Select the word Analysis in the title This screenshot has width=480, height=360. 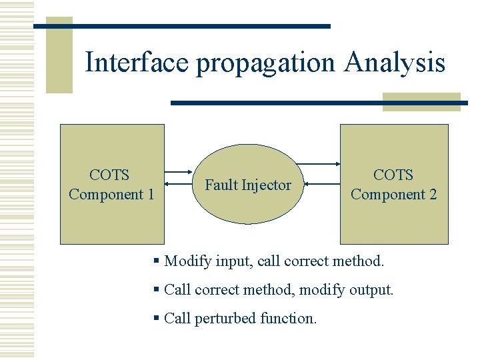point(395,63)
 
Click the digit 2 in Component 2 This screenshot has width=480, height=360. point(433,195)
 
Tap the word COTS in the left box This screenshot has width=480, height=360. point(109,175)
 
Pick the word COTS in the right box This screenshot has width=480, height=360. point(393,175)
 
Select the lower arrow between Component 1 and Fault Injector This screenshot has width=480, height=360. point(179,184)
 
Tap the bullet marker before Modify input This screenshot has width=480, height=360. point(157,261)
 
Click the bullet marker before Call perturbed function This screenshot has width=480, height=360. point(157,319)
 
